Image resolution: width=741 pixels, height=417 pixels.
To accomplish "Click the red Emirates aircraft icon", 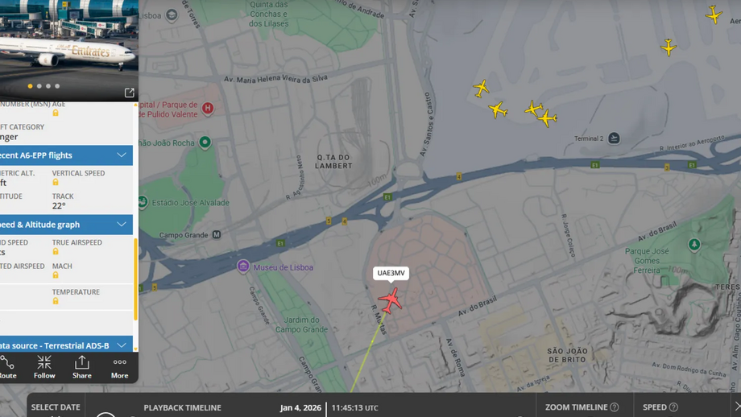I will point(391,300).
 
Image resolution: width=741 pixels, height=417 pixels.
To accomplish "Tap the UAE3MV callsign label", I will point(391,273).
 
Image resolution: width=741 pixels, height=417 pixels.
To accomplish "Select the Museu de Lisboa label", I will point(283,267).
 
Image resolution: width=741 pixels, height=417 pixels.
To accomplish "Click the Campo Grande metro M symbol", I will point(216,235).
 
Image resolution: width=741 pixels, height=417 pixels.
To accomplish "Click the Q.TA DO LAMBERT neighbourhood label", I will point(334,161).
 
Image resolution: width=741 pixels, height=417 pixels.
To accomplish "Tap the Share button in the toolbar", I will point(81,367).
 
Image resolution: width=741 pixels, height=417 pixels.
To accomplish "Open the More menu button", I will point(119,367).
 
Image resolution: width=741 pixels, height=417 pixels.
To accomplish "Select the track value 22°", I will point(59,206).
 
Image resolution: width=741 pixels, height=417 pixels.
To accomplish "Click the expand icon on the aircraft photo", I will point(129,93).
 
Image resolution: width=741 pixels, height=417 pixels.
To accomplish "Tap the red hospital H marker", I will point(208,108).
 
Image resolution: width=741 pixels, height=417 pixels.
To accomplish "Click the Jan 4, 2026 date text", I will point(300,407).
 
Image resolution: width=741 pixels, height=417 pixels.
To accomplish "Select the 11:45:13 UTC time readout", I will point(354,407).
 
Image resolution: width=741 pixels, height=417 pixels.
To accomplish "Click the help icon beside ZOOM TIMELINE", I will point(615,407).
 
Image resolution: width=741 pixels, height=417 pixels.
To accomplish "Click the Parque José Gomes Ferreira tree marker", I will point(693,244).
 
